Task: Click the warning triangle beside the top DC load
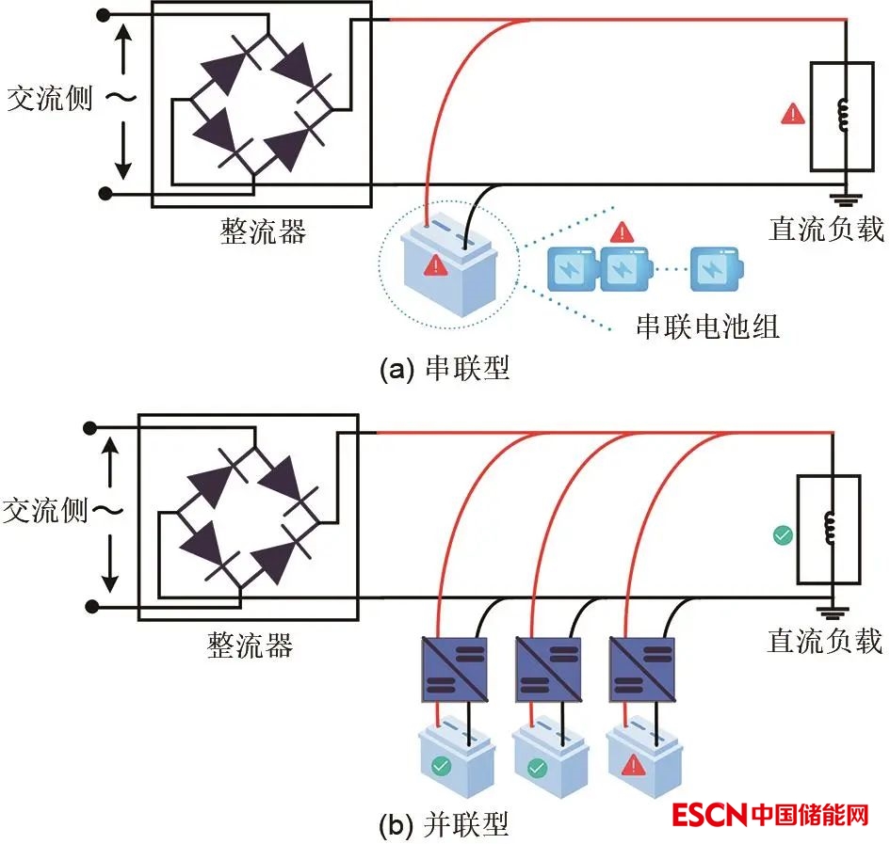point(793,115)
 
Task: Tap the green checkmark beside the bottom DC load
point(782,535)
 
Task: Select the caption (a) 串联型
point(444,368)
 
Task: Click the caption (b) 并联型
point(444,825)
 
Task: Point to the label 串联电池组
point(708,326)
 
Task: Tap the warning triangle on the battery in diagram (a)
point(435,266)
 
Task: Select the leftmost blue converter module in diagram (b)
point(453,669)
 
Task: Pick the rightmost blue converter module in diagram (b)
point(643,669)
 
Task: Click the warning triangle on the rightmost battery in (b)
point(634,767)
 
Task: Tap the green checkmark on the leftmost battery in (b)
point(440,766)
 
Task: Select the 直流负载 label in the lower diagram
point(825,641)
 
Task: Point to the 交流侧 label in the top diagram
point(49,98)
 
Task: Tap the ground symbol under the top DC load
point(846,197)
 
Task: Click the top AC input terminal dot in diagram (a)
point(105,14)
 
